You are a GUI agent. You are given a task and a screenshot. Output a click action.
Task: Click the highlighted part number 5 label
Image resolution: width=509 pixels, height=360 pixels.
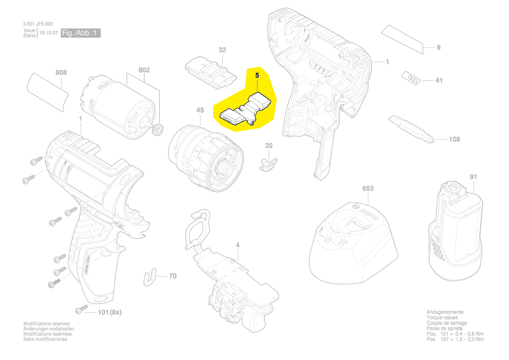257,75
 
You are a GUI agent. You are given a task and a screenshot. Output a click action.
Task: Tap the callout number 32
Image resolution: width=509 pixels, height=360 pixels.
222,50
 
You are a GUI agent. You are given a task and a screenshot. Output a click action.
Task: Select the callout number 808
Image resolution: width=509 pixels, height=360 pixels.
61,72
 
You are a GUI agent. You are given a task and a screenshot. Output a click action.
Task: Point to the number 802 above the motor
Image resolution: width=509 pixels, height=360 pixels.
144,70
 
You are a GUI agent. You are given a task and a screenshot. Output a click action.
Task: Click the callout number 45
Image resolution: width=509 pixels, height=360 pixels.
200,110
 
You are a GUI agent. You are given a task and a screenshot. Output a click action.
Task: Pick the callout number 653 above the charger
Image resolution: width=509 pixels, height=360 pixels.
368,189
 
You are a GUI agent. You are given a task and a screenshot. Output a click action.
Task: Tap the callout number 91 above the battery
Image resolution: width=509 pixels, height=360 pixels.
473,177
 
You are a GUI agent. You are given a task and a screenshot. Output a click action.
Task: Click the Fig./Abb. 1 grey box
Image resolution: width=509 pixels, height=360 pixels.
81,33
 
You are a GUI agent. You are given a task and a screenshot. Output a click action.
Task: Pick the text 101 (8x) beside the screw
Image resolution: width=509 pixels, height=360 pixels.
109,312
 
